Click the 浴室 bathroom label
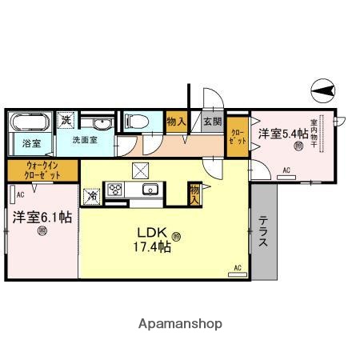(x=21, y=146)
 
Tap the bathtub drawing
(x=30, y=125)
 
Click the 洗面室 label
(x=85, y=140)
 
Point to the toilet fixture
(x=136, y=122)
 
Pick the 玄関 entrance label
(x=212, y=122)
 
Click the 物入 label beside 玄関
(x=176, y=122)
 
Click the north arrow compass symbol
(x=324, y=90)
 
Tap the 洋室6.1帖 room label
(x=41, y=218)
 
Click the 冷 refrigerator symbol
(x=91, y=194)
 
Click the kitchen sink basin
(x=148, y=190)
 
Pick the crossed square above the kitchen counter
(x=142, y=169)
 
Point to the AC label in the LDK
(x=238, y=268)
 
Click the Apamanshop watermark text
(x=180, y=324)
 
